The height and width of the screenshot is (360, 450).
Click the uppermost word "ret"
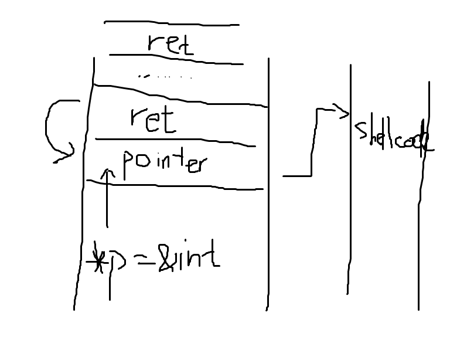(x=171, y=43)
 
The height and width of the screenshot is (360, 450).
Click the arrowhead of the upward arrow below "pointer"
(x=107, y=173)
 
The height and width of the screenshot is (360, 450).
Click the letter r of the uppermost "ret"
(x=153, y=45)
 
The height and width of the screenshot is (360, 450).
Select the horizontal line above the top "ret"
(x=171, y=24)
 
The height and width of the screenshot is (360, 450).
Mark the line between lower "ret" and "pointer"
(x=175, y=142)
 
